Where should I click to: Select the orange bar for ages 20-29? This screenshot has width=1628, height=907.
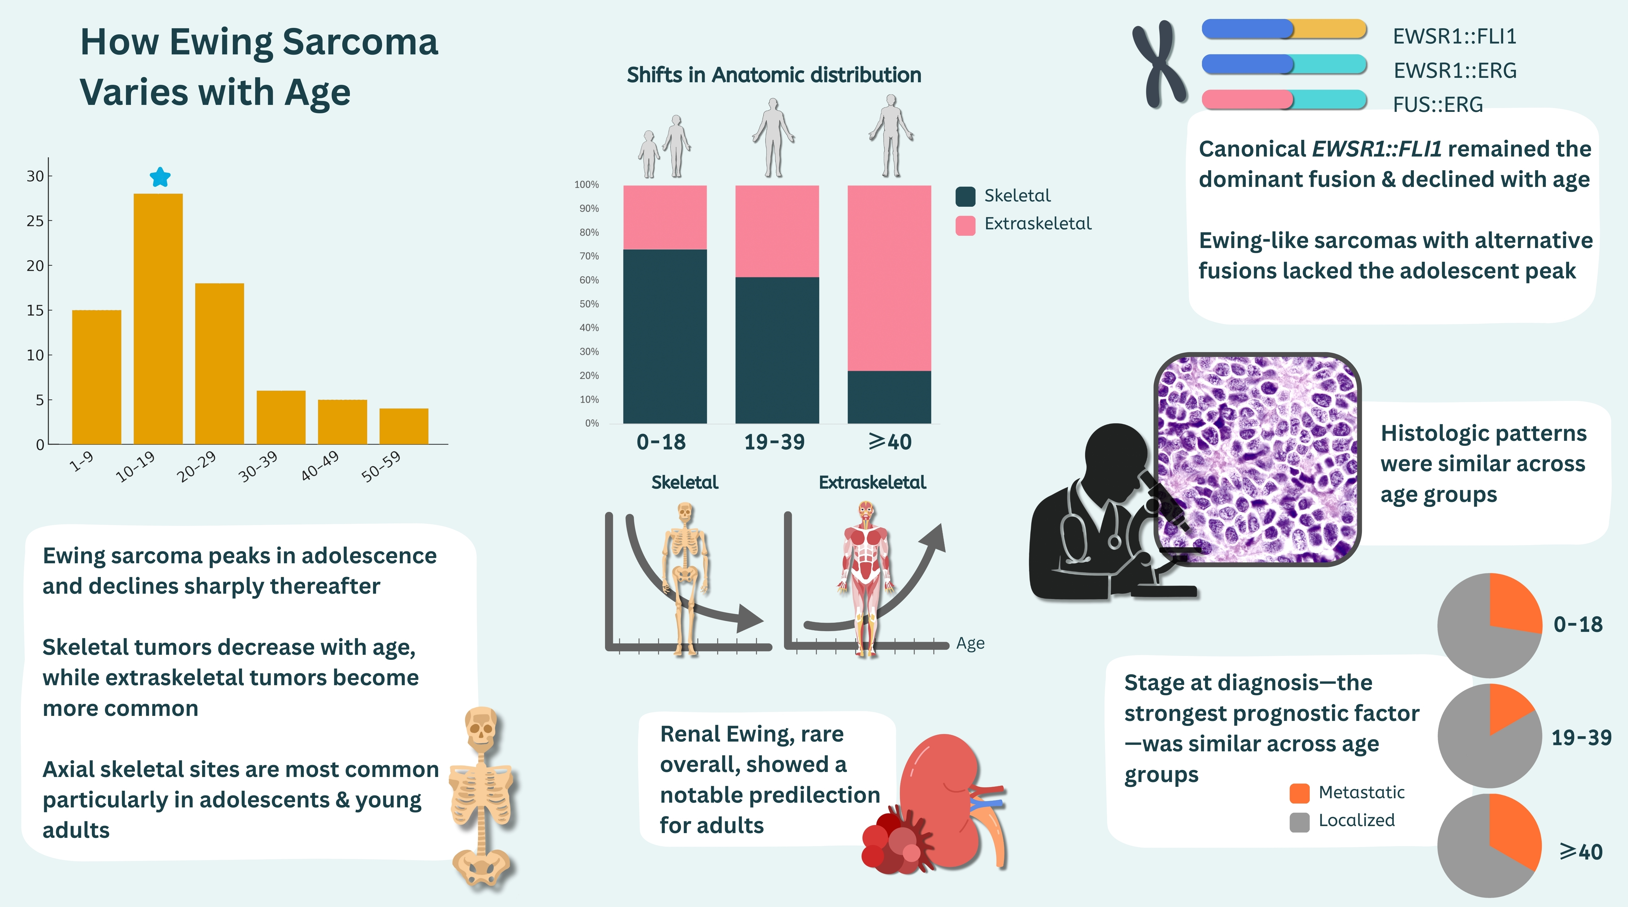219,363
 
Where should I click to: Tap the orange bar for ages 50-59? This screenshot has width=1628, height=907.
404,426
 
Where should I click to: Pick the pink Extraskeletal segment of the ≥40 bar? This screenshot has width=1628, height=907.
889,278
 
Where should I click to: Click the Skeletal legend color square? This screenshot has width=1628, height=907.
965,196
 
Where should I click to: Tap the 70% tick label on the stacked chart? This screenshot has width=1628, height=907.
589,256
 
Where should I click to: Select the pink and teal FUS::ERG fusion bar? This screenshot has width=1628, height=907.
1283,100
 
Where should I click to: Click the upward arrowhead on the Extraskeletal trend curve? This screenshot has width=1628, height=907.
934,538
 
